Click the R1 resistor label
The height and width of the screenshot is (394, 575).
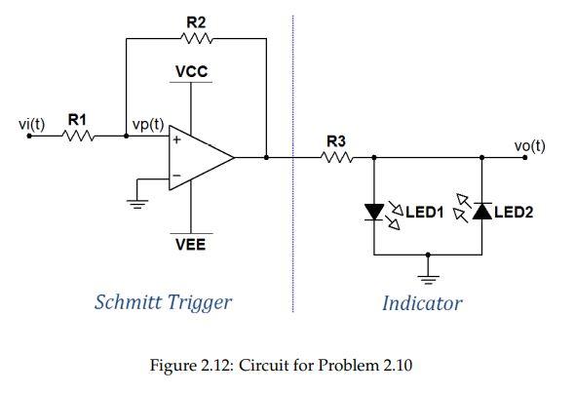tap(76, 119)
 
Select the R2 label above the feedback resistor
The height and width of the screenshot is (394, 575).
tap(196, 20)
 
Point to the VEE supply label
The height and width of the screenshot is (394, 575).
tap(190, 245)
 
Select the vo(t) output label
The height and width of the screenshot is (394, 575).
tap(529, 146)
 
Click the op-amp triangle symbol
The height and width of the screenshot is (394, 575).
tap(200, 157)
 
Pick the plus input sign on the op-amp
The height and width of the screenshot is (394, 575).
tap(177, 140)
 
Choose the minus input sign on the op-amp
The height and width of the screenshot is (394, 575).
tap(177, 177)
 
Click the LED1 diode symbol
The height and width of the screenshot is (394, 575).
tap(376, 210)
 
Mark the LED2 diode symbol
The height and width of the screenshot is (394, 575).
tap(481, 211)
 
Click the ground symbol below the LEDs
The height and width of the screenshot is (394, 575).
tap(425, 268)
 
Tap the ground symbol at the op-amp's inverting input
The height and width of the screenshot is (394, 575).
tap(138, 203)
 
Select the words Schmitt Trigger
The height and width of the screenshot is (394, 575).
tap(163, 301)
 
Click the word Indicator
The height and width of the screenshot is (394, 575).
tap(421, 303)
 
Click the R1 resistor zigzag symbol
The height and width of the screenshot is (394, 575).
tap(76, 138)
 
